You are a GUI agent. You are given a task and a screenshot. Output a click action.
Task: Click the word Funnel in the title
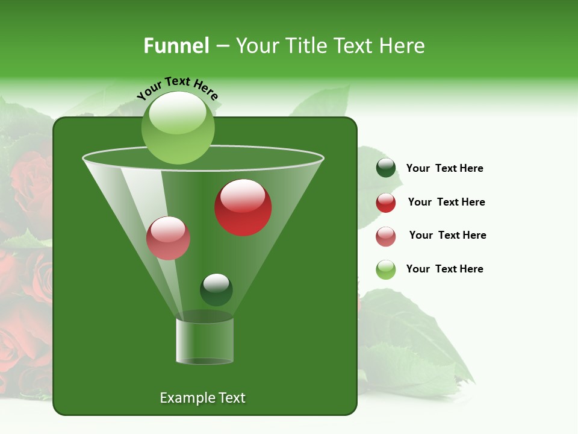(x=176, y=46)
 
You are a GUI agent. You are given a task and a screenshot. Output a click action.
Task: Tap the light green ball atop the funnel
(x=178, y=127)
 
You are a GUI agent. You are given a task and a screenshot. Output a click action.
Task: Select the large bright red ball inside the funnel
(x=243, y=207)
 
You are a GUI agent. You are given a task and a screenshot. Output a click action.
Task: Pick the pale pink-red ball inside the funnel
(x=168, y=238)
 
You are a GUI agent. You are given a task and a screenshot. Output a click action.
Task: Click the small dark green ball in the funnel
(x=216, y=289)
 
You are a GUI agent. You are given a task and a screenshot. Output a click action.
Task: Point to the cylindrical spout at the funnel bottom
(x=205, y=341)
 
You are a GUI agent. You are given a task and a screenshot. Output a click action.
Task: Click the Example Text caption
(x=202, y=398)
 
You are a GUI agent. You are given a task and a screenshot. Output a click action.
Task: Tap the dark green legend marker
(x=386, y=168)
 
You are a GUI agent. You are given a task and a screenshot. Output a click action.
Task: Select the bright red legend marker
(x=386, y=203)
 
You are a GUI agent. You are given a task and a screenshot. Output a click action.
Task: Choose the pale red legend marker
(x=386, y=236)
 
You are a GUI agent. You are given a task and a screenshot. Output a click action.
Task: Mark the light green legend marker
(x=386, y=269)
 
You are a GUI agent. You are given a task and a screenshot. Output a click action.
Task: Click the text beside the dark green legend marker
(x=444, y=169)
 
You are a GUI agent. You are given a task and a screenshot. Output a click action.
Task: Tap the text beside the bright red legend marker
(x=446, y=203)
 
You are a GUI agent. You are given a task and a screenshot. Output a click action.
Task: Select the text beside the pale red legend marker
(x=447, y=236)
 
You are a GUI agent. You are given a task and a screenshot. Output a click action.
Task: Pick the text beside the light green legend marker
(x=444, y=269)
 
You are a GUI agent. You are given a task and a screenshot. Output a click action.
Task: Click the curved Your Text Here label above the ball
(x=178, y=87)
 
